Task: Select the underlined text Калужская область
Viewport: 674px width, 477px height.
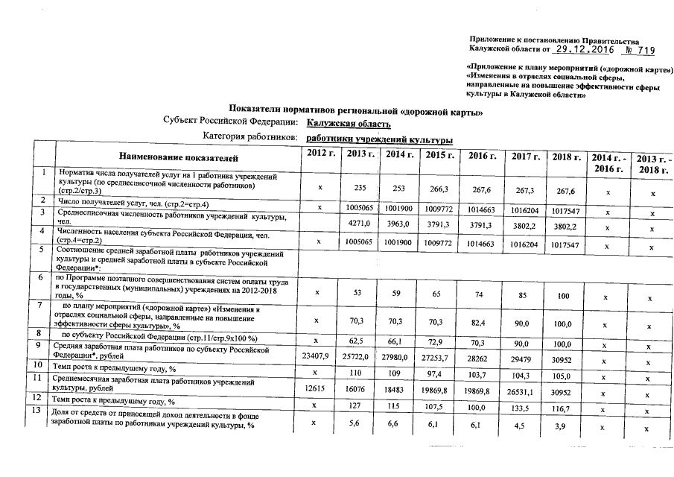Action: [x=349, y=124]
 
